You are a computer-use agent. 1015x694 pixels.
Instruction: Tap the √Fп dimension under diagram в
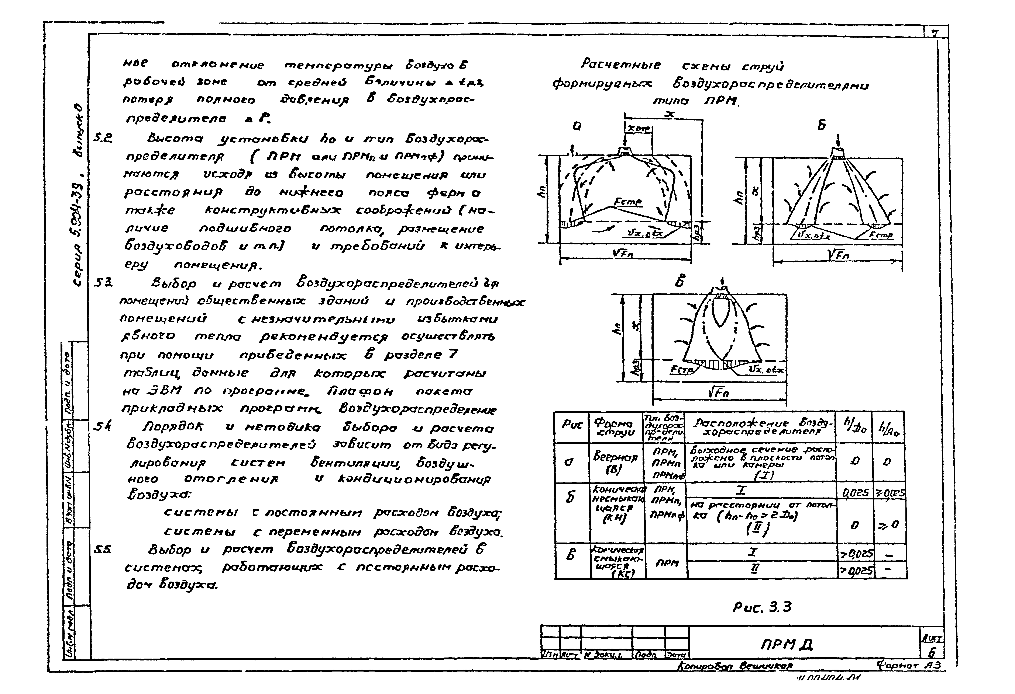pos(718,393)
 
